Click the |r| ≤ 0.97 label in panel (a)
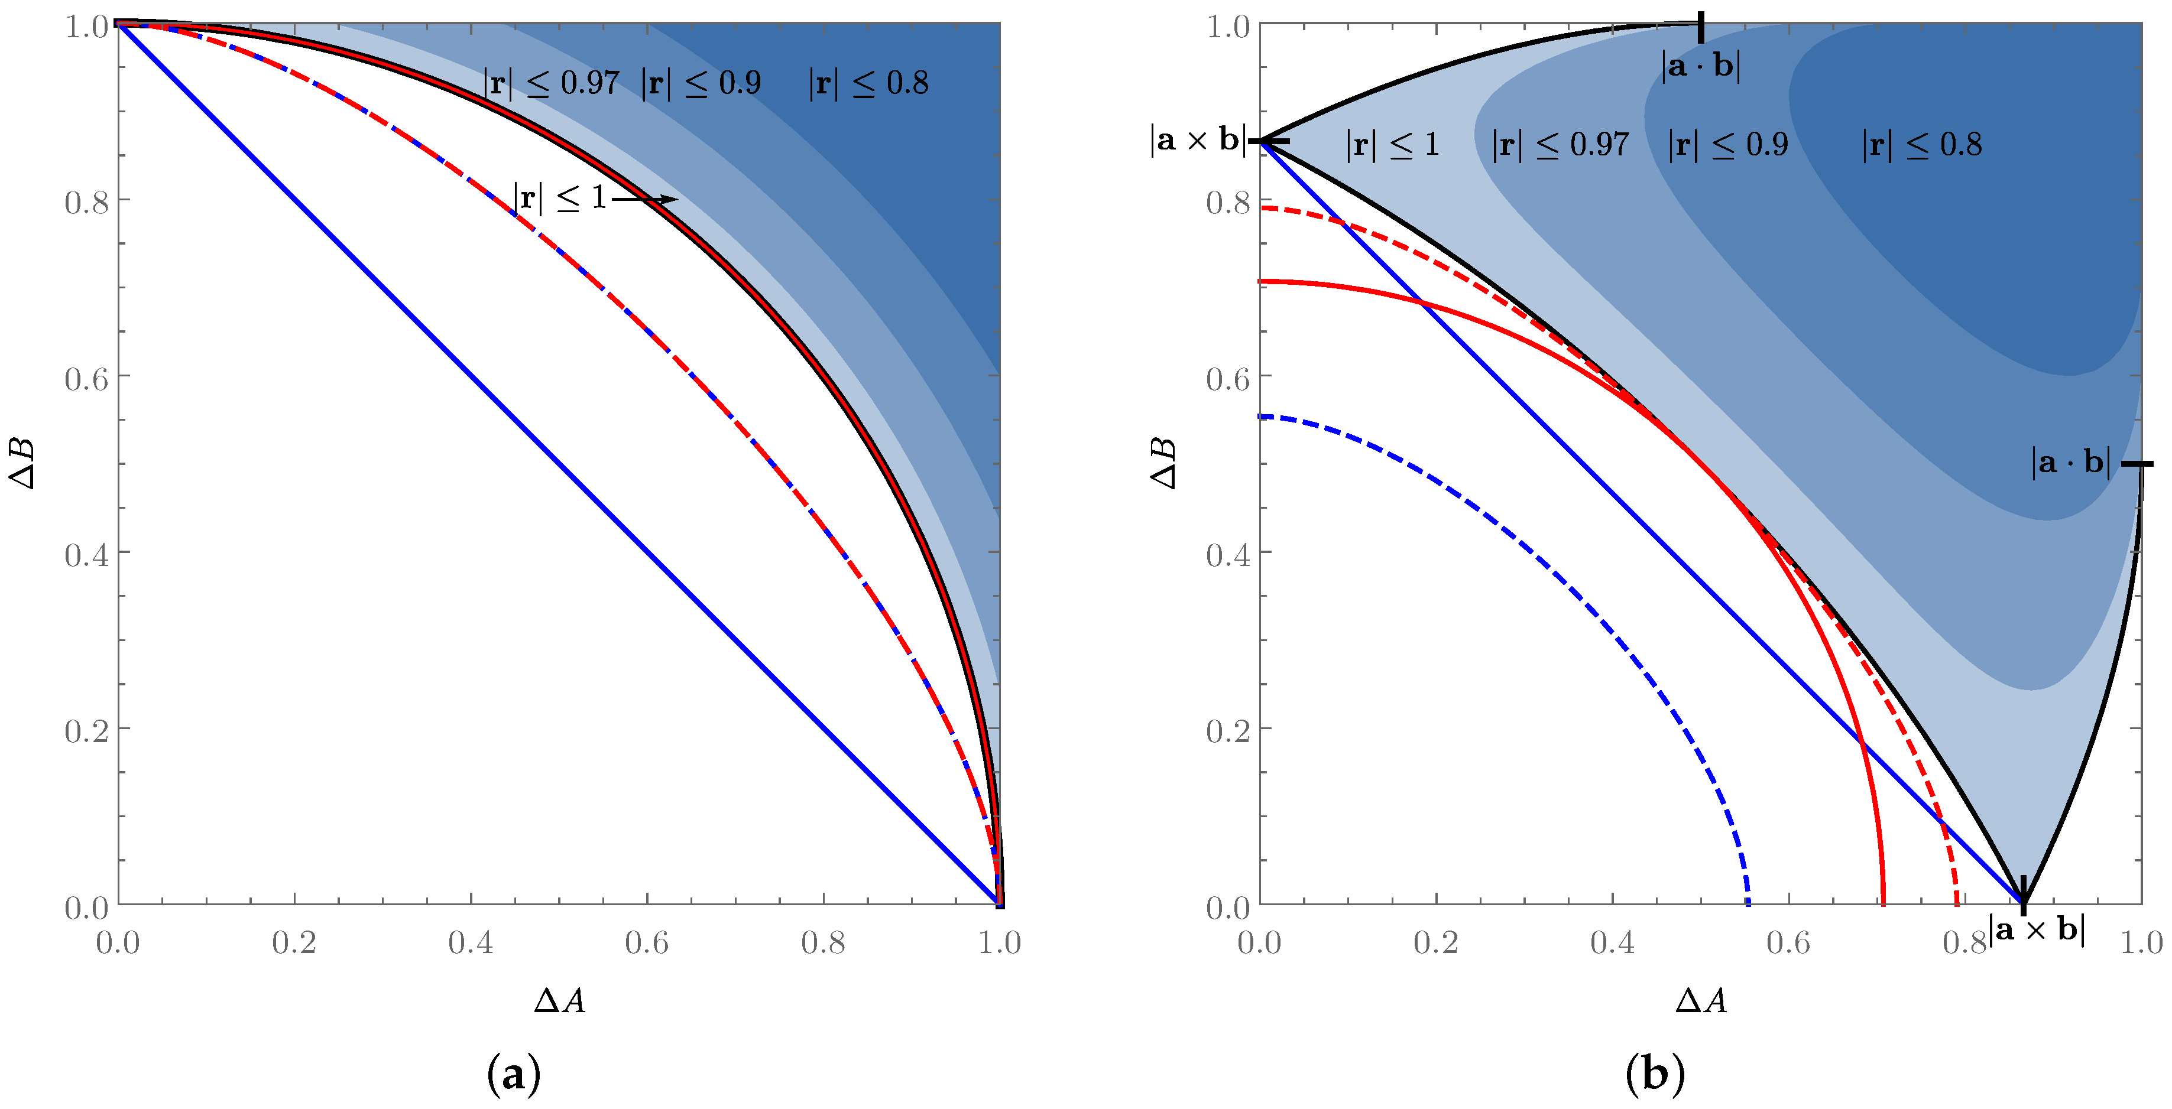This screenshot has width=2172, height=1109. tap(552, 83)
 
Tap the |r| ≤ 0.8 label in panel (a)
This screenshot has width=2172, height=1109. tap(868, 83)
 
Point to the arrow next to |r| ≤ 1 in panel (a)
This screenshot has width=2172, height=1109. tap(645, 200)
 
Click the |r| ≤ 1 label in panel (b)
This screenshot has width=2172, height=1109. tap(1392, 145)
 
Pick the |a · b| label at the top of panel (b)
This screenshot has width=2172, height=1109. tap(1701, 66)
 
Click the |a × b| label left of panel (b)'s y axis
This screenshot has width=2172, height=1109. tap(1197, 140)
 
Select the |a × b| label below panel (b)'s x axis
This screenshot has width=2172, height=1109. tap(2036, 929)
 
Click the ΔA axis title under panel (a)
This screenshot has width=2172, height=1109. tap(559, 1000)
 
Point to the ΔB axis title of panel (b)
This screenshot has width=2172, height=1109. tap(1163, 463)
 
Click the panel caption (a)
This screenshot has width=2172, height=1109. tap(514, 1075)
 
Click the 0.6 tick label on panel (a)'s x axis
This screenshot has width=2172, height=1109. tap(647, 942)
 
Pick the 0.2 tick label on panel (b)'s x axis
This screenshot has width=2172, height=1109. tap(1436, 942)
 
